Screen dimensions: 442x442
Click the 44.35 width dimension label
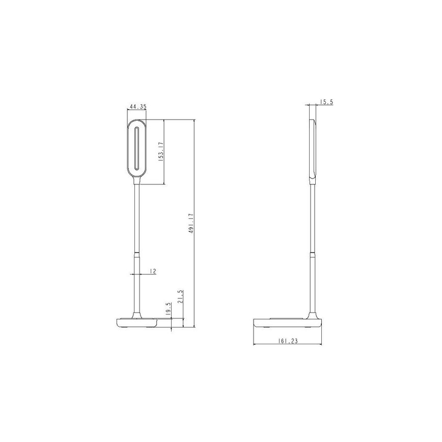(137, 107)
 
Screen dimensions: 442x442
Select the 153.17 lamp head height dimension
(160, 152)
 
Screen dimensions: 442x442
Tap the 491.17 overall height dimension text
(191, 224)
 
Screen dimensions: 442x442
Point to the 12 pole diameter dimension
(152, 271)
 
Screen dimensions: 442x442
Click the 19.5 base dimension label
(168, 309)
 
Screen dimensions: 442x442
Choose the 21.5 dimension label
(180, 297)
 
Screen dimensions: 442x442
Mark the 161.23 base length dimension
(288, 341)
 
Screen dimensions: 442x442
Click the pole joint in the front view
(136, 253)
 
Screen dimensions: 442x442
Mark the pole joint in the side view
(312, 253)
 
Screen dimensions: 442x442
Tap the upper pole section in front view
(136, 214)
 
